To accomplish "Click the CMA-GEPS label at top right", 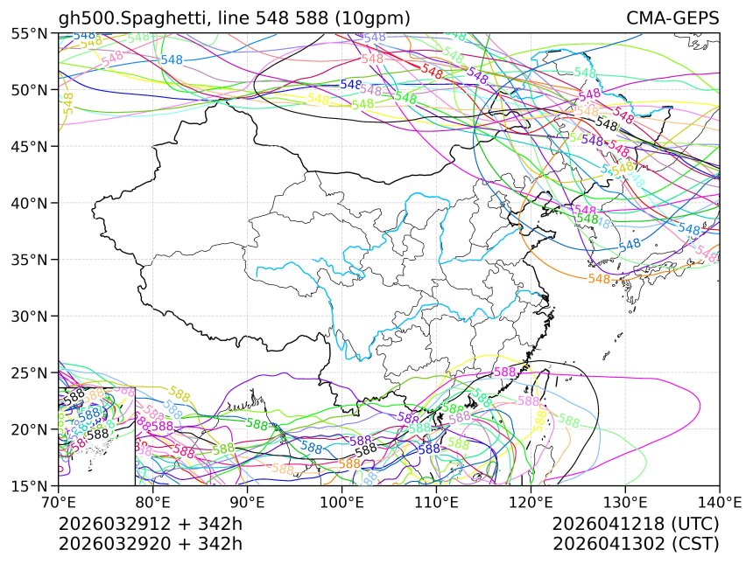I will point(672,18).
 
